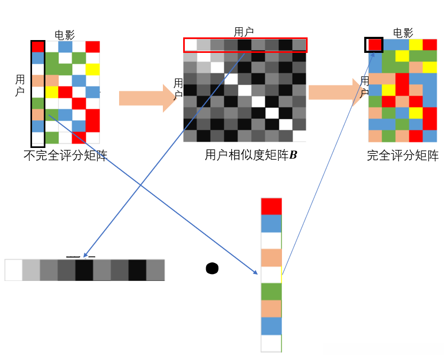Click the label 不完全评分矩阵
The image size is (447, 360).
tap(66, 156)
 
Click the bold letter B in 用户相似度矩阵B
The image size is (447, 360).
tap(293, 155)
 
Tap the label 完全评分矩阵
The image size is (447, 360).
tap(403, 156)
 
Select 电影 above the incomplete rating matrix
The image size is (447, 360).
tap(65, 35)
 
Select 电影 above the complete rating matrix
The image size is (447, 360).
tap(403, 33)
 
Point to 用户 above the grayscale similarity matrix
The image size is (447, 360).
tap(244, 32)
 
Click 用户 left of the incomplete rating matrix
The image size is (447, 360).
tap(20, 86)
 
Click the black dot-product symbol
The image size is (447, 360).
tap(212, 268)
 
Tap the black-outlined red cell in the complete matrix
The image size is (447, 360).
tap(374, 44)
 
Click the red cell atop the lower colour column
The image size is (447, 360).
tap(271, 206)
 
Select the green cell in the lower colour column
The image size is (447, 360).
tap(271, 292)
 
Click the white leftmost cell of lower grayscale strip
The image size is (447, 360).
tap(13, 270)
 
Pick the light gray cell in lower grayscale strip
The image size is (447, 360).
tap(31, 270)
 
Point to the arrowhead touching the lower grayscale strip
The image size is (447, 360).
tap(85, 255)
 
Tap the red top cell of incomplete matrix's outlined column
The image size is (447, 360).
tap(37, 46)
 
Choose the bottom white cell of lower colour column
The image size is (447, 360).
tap(271, 343)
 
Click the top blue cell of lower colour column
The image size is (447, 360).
tap(271, 223)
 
